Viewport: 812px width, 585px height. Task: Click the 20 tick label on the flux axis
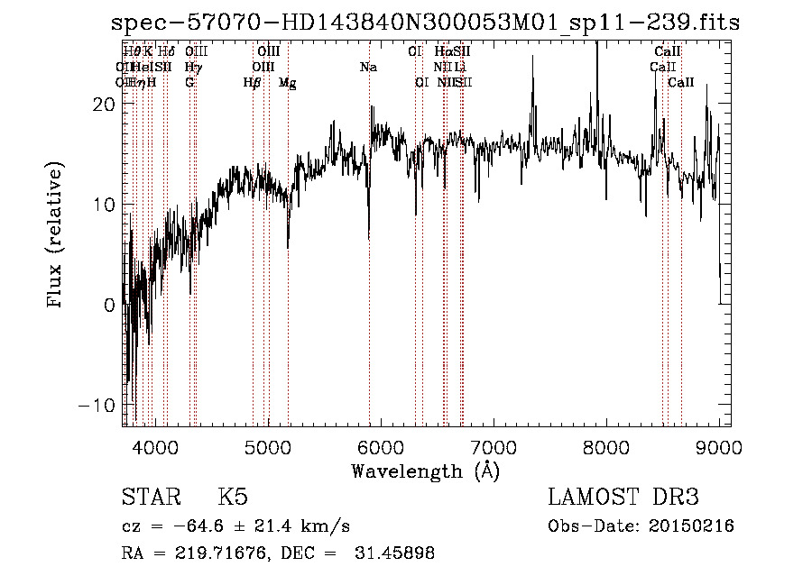[103, 104]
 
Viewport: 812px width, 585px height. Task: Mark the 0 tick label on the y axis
[108, 305]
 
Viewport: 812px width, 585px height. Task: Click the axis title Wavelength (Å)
[425, 471]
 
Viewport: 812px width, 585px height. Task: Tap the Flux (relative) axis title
[56, 236]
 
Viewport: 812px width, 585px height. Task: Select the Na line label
[368, 68]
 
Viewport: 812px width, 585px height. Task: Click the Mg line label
[288, 83]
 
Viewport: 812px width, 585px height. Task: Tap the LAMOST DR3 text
[623, 498]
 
